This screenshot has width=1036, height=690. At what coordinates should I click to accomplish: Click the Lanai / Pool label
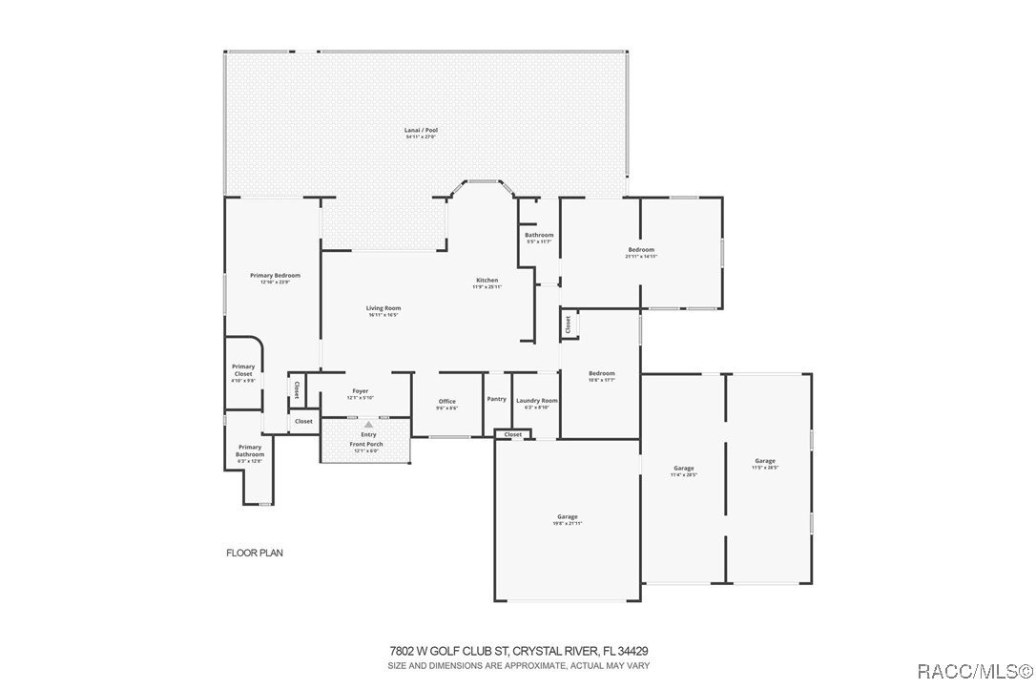[419, 131]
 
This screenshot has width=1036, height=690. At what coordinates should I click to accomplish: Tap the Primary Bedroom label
[275, 276]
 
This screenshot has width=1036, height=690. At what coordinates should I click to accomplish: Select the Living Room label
[383, 308]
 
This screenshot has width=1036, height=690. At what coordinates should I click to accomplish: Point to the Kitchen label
[487, 281]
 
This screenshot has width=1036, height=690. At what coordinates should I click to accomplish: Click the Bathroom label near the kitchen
[539, 235]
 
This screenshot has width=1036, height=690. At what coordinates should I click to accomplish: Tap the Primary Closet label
[243, 370]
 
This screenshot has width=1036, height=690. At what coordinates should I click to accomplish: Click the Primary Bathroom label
[250, 450]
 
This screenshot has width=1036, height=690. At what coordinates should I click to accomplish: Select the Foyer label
[360, 391]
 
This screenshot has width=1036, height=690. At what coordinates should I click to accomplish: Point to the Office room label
[446, 402]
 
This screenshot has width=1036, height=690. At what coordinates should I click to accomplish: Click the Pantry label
[496, 399]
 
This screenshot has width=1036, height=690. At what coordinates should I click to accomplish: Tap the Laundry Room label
[536, 401]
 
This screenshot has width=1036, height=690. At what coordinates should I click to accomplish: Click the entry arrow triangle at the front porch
[367, 425]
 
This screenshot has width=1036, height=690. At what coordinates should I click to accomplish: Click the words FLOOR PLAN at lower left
[254, 553]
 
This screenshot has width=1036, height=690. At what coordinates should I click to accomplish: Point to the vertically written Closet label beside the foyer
[297, 389]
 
